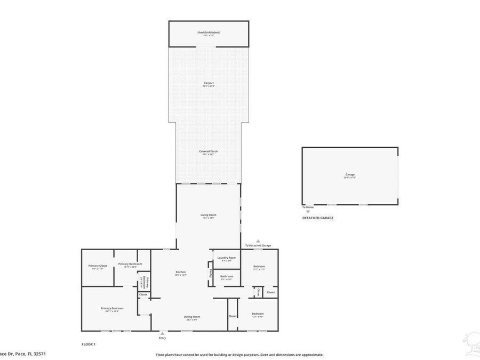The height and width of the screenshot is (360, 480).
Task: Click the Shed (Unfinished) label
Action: tap(209, 33)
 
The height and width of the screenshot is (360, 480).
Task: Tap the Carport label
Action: tap(209, 83)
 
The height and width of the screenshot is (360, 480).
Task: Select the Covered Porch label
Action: tap(209, 151)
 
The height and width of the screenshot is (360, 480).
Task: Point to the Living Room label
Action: tap(209, 215)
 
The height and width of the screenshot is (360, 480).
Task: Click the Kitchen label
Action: tap(180, 272)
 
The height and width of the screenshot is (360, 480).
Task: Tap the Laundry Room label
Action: tap(227, 258)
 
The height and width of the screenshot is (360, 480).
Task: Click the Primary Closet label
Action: tap(98, 266)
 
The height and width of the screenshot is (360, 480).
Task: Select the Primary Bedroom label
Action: tap(112, 308)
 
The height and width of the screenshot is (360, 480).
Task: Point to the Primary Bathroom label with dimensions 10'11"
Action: tap(130, 263)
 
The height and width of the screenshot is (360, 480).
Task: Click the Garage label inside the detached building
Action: tap(350, 174)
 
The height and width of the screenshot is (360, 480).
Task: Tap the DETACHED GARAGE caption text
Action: tap(318, 218)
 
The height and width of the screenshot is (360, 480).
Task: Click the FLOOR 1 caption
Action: tap(89, 345)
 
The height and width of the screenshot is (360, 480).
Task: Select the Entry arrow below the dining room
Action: tap(162, 333)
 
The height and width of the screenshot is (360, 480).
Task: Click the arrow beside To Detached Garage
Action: tap(258, 241)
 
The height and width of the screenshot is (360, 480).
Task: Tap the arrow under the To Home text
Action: tap(308, 212)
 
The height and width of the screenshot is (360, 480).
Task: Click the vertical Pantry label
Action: tap(211, 273)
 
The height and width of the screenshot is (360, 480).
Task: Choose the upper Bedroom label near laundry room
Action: tap(259, 266)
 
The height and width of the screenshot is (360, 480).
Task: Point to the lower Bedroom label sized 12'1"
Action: tap(258, 314)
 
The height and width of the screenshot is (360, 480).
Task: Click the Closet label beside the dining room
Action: tap(233, 316)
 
